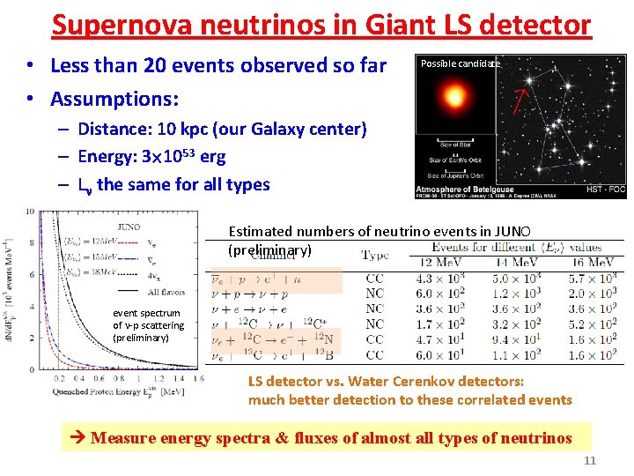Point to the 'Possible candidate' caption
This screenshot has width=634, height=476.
pos(460,63)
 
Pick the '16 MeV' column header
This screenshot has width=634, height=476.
pos(590,263)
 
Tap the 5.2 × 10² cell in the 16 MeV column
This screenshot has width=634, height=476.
pos(590,324)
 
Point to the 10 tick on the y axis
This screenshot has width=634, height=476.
pos(30,212)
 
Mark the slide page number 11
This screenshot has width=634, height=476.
pos(590,460)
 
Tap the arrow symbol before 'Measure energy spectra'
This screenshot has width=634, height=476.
pos(77,438)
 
